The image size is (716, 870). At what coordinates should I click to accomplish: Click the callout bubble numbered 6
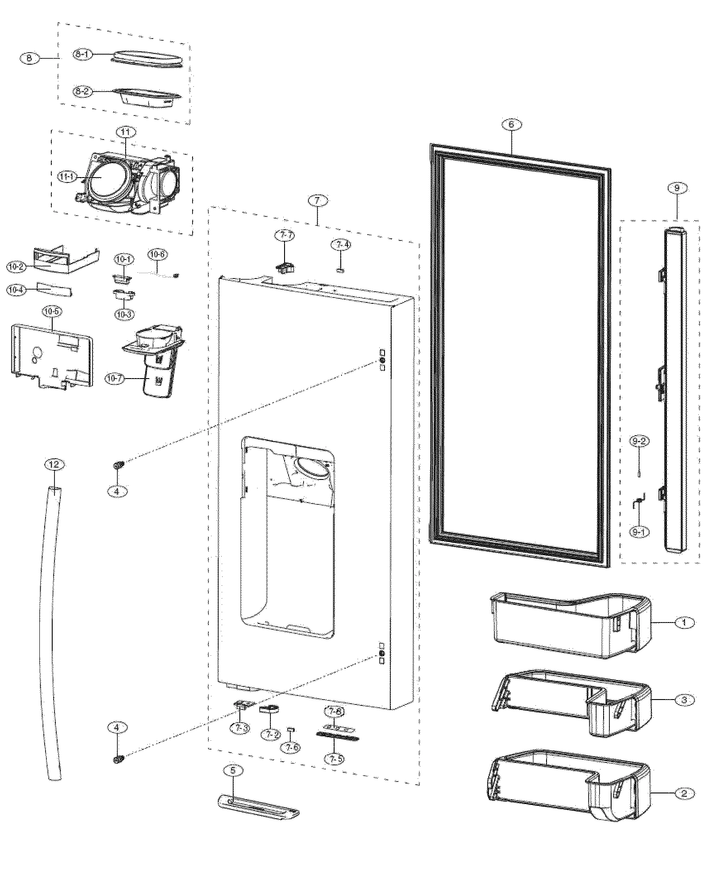[x=511, y=124]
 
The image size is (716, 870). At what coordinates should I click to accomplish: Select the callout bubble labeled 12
[x=54, y=464]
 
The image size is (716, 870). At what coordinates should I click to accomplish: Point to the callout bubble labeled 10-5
[x=52, y=312]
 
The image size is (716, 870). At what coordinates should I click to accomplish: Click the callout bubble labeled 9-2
[x=639, y=441]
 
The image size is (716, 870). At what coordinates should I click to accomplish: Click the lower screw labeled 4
[x=118, y=760]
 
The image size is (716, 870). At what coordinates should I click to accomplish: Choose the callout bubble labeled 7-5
[x=334, y=759]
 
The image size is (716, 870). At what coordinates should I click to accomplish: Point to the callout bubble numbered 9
[x=677, y=188]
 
